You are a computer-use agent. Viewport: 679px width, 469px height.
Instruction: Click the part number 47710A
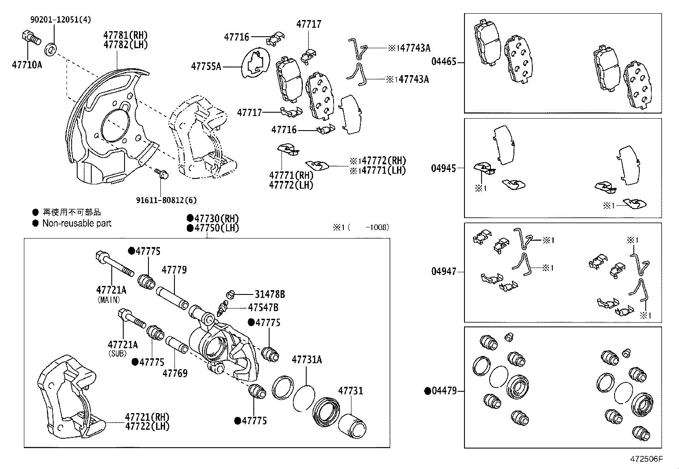27,65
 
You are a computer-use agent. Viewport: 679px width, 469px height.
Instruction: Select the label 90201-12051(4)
60,20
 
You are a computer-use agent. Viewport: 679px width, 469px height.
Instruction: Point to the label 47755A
206,66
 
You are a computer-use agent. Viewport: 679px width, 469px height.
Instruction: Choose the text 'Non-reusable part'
77,223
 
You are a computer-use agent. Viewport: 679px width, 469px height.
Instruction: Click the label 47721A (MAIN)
111,290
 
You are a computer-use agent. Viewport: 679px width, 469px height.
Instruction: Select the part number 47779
174,270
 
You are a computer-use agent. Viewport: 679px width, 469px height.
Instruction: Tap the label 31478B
270,294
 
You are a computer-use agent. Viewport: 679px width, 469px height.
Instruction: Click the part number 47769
175,373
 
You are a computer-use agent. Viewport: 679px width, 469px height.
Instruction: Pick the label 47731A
307,360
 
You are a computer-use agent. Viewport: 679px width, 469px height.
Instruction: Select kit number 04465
444,61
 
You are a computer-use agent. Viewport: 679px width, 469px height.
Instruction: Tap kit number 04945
444,168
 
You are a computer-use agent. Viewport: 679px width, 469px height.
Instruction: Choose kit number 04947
444,271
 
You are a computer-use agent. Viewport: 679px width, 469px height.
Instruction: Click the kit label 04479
444,391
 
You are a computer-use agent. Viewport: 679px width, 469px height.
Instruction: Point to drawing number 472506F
647,459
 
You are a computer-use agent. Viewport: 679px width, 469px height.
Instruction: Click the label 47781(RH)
125,35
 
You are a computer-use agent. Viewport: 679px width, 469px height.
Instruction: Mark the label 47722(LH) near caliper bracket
147,426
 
